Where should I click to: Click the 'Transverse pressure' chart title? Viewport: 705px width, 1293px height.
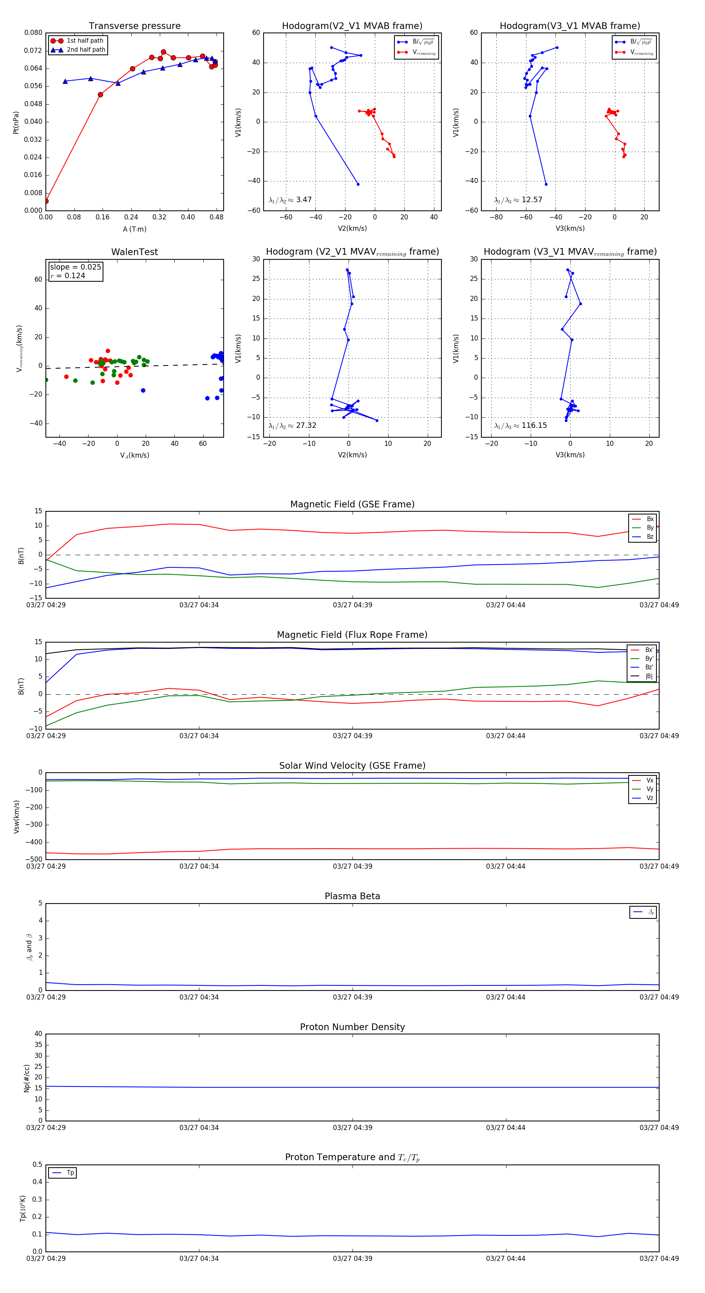(134, 26)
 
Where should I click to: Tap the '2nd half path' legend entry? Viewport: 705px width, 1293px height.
(86, 50)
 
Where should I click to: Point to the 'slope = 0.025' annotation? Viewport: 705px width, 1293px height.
(75, 267)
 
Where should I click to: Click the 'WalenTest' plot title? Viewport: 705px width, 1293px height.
(134, 252)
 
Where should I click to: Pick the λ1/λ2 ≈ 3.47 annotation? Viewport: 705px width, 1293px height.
(290, 200)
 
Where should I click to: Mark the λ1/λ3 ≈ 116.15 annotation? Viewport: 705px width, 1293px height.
(521, 426)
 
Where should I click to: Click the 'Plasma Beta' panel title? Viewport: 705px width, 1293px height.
(352, 896)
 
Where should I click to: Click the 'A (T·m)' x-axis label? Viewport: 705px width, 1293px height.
(134, 229)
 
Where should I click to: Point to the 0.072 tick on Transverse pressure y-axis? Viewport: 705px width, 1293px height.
(33, 51)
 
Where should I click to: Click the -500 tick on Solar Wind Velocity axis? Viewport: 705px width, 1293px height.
(34, 859)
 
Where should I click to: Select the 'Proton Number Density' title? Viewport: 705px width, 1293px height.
(352, 1027)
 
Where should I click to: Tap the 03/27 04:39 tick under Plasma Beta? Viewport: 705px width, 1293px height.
(352, 997)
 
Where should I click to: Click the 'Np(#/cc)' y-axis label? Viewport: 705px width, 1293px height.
(27, 1078)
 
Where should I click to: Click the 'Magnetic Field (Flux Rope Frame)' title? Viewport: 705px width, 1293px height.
(352, 635)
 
